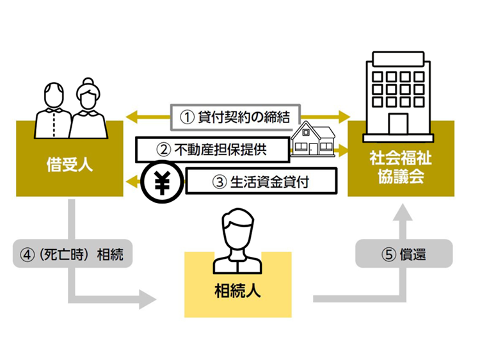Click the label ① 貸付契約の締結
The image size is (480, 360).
[235, 117]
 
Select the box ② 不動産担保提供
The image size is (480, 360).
[211, 151]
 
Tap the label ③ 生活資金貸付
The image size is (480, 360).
[260, 181]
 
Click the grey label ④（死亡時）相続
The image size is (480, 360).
[72, 255]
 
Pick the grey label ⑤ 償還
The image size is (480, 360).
[404, 255]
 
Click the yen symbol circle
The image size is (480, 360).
[162, 184]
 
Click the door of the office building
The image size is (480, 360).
[397, 124]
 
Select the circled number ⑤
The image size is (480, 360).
[388, 255]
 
